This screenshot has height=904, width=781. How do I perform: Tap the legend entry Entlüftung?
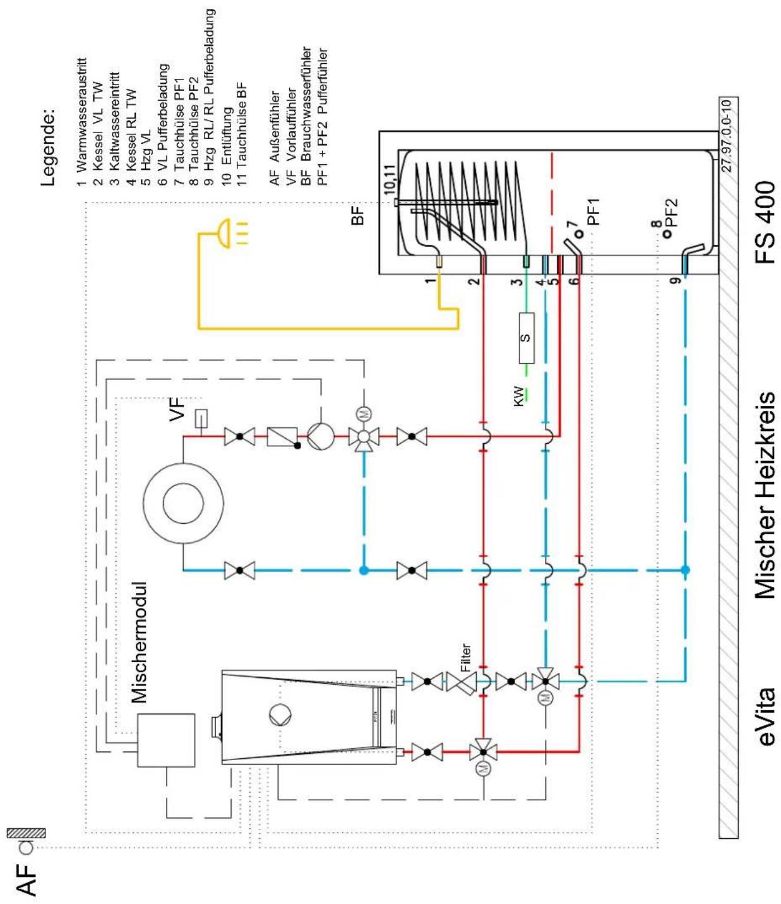(227, 140)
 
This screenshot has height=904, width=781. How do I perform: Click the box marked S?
(526, 338)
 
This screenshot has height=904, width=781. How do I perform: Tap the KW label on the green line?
(518, 396)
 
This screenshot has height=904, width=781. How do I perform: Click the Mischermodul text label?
(139, 642)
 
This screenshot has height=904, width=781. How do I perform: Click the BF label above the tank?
(357, 215)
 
